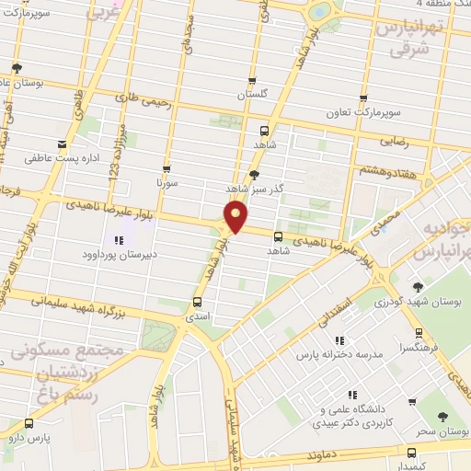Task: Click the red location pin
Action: tap(236, 217)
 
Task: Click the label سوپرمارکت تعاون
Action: tap(365, 113)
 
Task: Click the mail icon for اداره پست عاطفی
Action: tap(62, 144)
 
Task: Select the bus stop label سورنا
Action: tap(166, 184)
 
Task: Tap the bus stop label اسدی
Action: tap(198, 316)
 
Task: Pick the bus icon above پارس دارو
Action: tap(29, 423)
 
